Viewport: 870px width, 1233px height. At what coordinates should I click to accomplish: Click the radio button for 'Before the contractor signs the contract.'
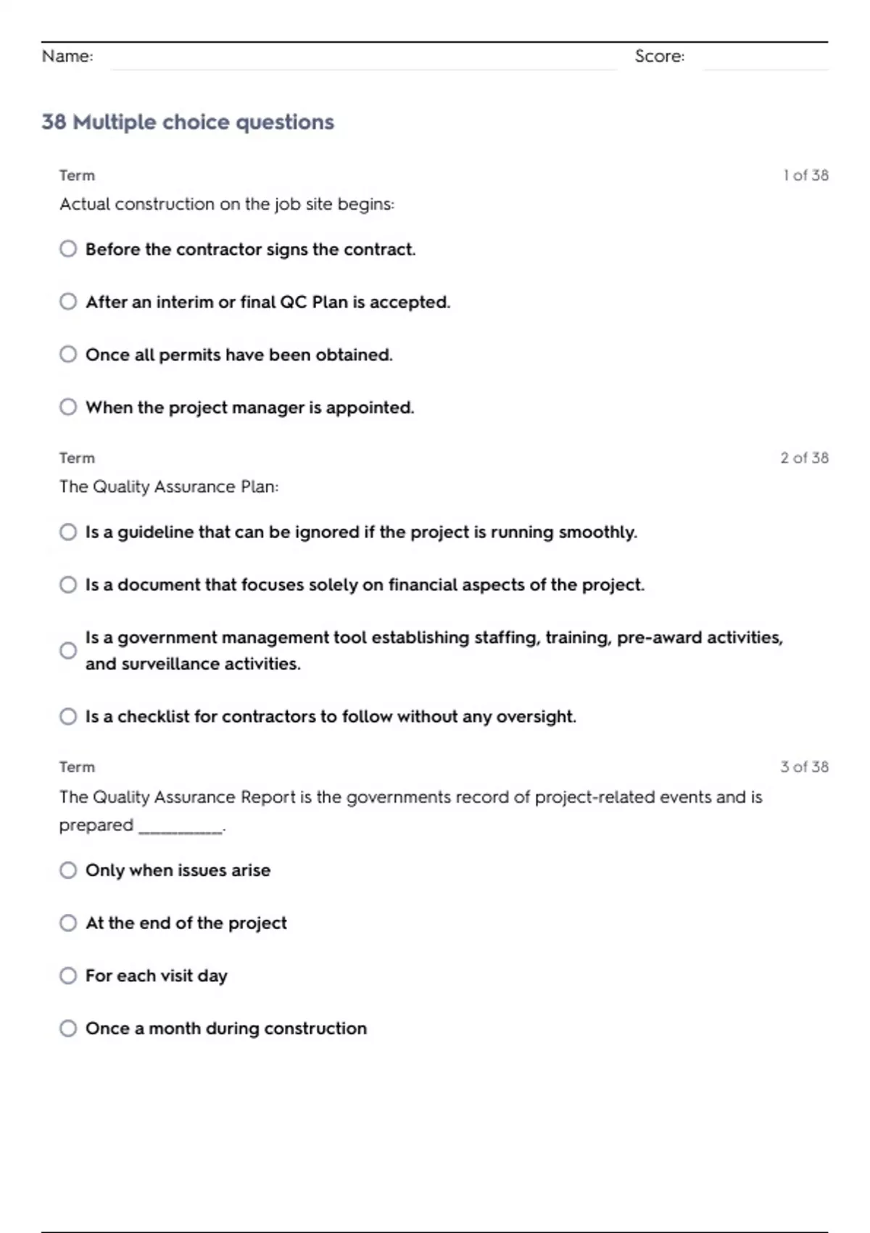[68, 249]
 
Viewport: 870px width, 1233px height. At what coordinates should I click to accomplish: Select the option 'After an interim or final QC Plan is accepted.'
[68, 301]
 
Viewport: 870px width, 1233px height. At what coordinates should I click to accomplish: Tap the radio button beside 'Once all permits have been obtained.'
[68, 354]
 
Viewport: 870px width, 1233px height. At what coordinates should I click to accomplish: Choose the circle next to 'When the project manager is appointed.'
[68, 407]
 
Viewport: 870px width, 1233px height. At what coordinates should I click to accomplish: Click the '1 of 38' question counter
[805, 176]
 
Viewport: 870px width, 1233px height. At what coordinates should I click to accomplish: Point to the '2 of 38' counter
[804, 458]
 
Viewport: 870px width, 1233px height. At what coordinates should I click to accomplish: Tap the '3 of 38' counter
[804, 767]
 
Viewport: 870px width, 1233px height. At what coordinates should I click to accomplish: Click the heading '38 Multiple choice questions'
[188, 122]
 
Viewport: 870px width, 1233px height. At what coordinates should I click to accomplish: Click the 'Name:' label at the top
[67, 56]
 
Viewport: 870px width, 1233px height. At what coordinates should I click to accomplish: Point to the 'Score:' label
[659, 56]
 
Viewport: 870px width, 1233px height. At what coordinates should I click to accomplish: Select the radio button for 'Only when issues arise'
[68, 870]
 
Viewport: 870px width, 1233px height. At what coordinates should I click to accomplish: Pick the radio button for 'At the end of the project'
[68, 923]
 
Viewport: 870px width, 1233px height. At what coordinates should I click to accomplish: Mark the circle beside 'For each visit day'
[68, 976]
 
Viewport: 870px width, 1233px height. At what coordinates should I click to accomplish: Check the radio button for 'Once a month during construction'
[68, 1028]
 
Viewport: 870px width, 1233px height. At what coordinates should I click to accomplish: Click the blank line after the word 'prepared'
[181, 829]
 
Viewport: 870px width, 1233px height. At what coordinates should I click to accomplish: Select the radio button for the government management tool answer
[68, 650]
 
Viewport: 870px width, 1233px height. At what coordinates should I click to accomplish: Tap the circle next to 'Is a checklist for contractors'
[68, 717]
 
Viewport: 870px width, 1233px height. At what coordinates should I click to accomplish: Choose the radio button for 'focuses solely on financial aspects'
[68, 585]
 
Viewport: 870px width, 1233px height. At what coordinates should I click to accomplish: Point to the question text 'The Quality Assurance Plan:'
[169, 487]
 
